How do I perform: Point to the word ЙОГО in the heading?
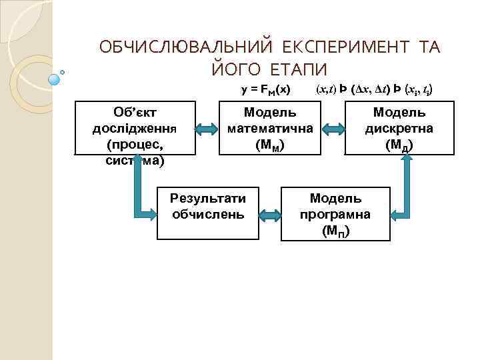[x=233, y=69]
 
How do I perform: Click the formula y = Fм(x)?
[x=265, y=89]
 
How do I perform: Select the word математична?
[x=270, y=127]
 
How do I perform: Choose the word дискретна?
[x=399, y=127]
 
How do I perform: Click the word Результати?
[x=208, y=198]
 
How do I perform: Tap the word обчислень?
[x=208, y=214]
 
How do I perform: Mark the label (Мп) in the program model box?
[x=335, y=231]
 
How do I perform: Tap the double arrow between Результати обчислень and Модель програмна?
[x=270, y=215]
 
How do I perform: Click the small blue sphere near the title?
[x=55, y=79]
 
